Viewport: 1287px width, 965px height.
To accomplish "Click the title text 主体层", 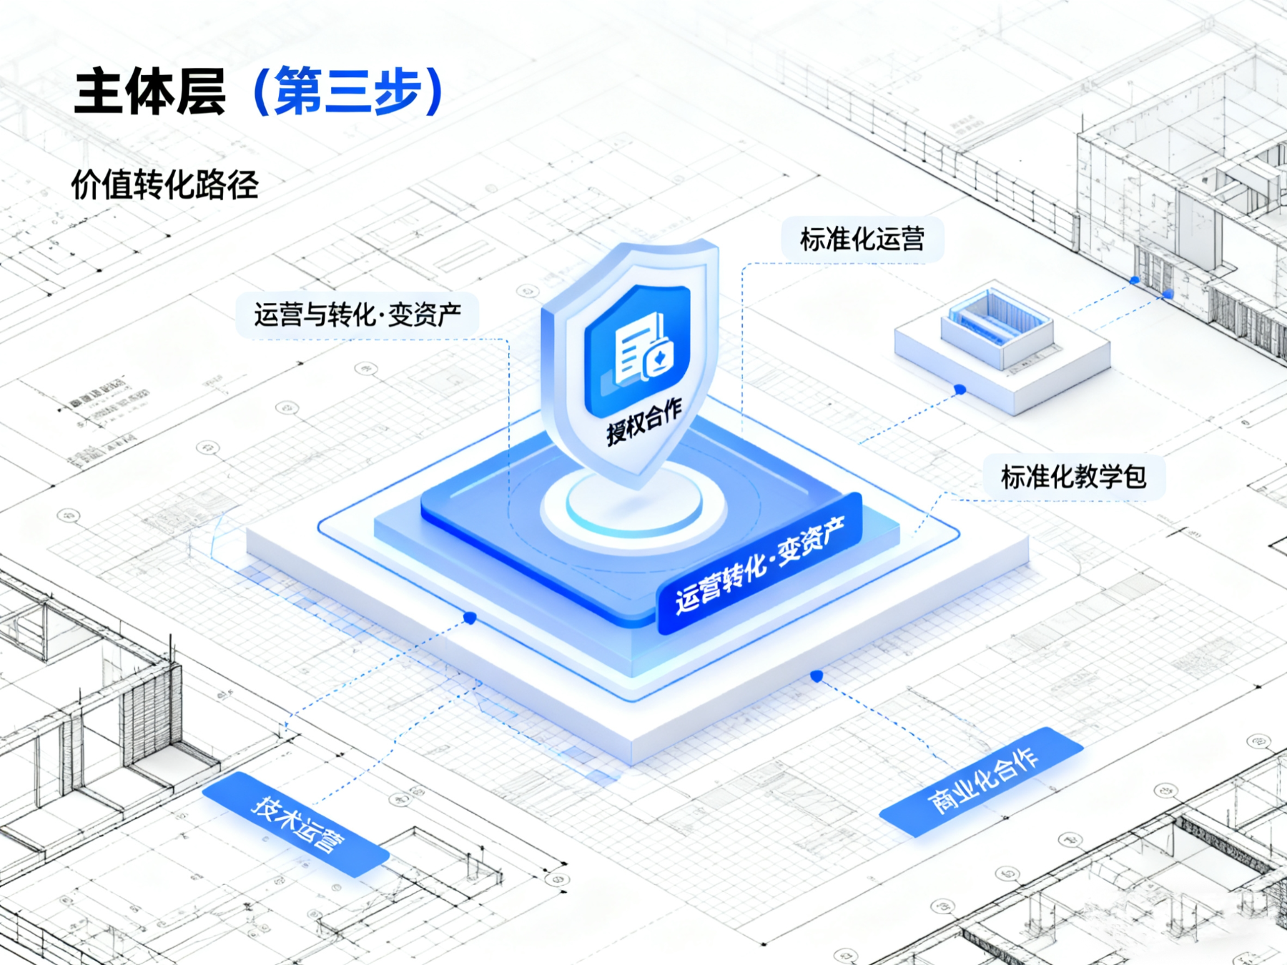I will point(150,91).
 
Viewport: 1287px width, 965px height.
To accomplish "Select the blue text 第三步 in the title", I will point(349,91).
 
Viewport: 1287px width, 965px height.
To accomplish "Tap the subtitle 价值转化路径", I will point(164,185).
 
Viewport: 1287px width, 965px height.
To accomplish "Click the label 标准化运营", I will point(862,239).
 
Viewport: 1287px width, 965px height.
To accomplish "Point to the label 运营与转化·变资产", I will point(357,315).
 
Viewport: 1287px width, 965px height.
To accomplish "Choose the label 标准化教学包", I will point(1073,477).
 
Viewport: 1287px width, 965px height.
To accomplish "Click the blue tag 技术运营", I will point(297,825).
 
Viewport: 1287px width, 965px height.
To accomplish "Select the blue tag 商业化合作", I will point(982,781).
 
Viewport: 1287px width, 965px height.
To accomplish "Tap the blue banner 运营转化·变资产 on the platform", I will point(760,565).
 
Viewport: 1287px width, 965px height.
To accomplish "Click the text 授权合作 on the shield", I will point(644,422).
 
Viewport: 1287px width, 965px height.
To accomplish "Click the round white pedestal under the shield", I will point(633,504).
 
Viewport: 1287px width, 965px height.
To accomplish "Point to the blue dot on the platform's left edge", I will point(470,618).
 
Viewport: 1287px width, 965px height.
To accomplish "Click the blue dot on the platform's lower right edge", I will point(817,675).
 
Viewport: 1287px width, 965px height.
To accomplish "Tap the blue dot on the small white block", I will point(960,390).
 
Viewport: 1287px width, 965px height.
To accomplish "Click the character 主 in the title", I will point(99,91).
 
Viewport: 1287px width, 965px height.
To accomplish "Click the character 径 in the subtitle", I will point(244,185).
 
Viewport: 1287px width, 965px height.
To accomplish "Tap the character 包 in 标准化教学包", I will point(1133,477).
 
